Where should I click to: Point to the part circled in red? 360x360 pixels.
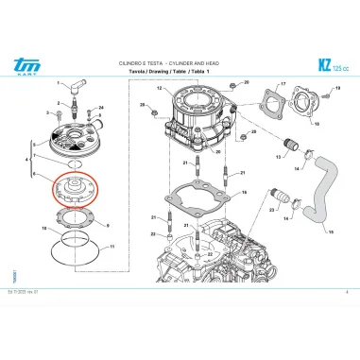coord(73,187)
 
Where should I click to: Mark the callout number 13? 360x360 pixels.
coord(160,89)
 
